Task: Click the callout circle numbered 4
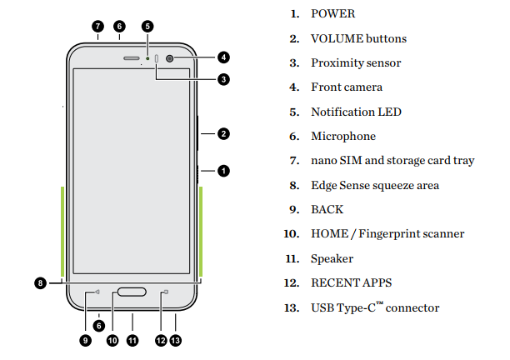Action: coord(223,57)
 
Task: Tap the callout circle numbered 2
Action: coord(223,133)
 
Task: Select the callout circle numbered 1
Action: coord(223,170)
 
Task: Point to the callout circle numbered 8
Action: coord(40,283)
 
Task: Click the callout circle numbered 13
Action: coord(176,340)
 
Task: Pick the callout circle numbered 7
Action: coord(97,26)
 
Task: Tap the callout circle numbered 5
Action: coord(147,26)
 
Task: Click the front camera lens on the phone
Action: coord(171,58)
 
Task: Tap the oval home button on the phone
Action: coord(133,292)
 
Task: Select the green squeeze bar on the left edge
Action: coord(63,231)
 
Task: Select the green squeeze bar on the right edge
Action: coord(202,231)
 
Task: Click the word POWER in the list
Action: coord(332,14)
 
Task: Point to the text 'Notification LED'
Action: coord(356,112)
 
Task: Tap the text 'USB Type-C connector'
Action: coord(375,308)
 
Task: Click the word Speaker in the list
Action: coord(332,259)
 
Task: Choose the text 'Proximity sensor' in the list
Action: coord(356,63)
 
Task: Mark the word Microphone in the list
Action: coord(343,136)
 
